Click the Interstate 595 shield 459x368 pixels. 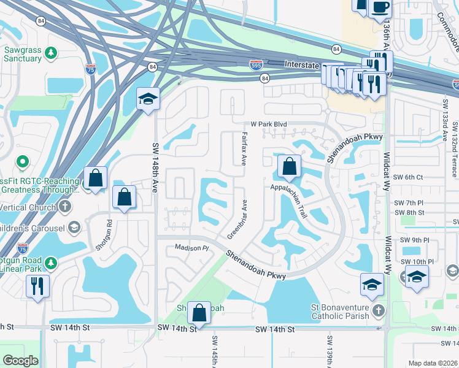pyautogui.click(x=256, y=63)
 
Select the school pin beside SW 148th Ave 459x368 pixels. pyautogui.click(x=148, y=99)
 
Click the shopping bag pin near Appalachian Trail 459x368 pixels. pyautogui.click(x=289, y=166)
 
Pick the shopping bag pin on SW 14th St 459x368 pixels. pyautogui.click(x=199, y=313)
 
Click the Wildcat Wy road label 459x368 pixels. pyautogui.click(x=388, y=166)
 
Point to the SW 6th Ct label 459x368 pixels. pyautogui.click(x=409, y=177)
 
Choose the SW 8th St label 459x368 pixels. pyautogui.click(x=409, y=213)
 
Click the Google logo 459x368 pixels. pyautogui.click(x=20, y=361)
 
